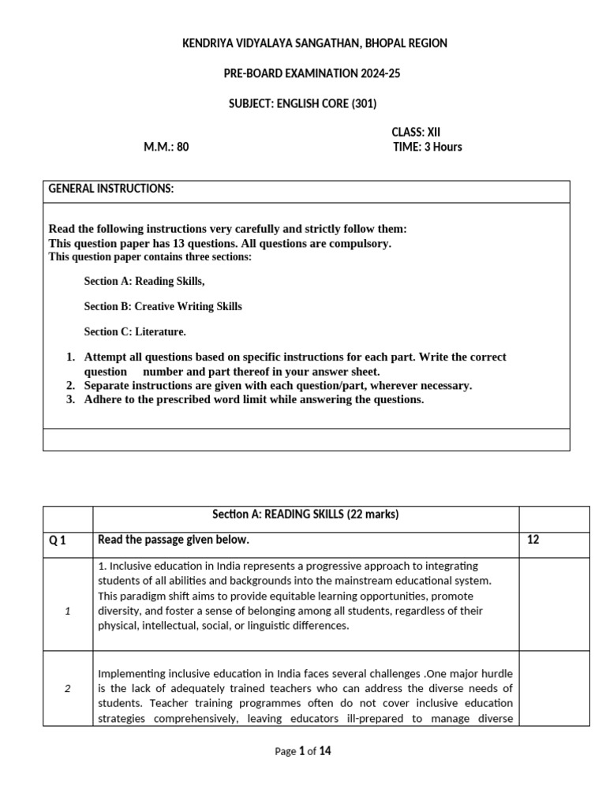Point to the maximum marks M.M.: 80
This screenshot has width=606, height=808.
(x=166, y=147)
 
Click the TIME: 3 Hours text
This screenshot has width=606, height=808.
(x=427, y=147)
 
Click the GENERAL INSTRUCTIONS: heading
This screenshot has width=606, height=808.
(x=111, y=189)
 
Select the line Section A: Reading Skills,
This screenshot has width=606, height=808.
(x=148, y=281)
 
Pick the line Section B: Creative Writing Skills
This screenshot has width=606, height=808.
(x=163, y=306)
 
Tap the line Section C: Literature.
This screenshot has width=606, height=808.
(x=135, y=331)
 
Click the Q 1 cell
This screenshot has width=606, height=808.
(x=58, y=541)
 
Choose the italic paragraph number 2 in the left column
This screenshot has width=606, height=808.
(x=68, y=688)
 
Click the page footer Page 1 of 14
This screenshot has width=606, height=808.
(x=303, y=751)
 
